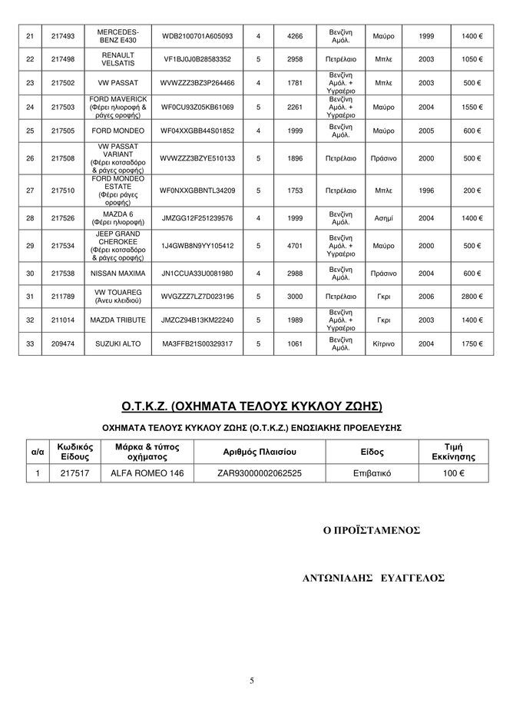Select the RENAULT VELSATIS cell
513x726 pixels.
(117, 59)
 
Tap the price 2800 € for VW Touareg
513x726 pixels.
(472, 296)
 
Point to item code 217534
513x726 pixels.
(62, 247)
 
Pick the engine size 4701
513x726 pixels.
(295, 247)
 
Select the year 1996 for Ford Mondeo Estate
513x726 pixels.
(427, 191)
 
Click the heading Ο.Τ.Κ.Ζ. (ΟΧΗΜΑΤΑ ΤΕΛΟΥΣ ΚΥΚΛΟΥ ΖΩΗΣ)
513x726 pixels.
(252, 405)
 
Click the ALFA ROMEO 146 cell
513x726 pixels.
(147, 474)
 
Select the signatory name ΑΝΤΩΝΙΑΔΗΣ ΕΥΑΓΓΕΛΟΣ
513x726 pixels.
(374, 578)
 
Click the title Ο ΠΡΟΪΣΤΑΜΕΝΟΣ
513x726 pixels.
(372, 530)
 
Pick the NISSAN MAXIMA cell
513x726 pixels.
(117, 273)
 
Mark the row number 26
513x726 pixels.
(30, 158)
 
